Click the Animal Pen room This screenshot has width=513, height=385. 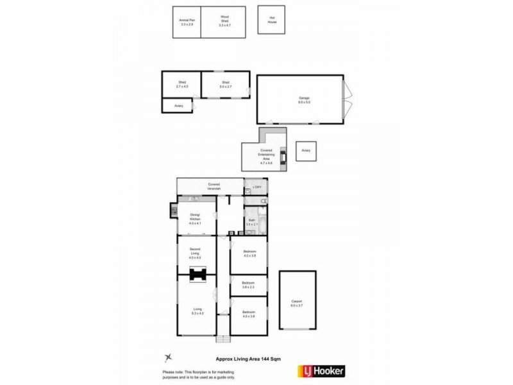187,22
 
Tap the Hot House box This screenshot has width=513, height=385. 271,20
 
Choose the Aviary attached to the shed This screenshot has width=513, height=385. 177,106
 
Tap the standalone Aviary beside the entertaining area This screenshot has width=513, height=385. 306,151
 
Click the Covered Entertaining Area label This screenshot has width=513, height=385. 266,156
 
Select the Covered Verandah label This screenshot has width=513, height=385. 214,186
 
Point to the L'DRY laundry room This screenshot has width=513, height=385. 256,187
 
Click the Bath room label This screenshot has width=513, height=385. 252,223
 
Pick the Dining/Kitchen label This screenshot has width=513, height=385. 196,217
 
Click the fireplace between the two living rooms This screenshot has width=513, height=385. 198,275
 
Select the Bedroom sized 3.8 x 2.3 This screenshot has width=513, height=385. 249,284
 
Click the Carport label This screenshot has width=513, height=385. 296,303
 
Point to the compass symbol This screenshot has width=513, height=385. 168,358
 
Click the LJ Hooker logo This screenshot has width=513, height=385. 321,371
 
